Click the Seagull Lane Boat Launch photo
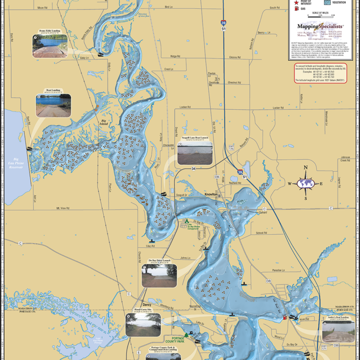195,153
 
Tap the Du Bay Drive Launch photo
159,276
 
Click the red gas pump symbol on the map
285,317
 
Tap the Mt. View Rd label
63,208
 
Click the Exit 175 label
231,147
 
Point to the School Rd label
261,232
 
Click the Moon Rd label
42,8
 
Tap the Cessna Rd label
234,57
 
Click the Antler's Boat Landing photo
338,331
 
